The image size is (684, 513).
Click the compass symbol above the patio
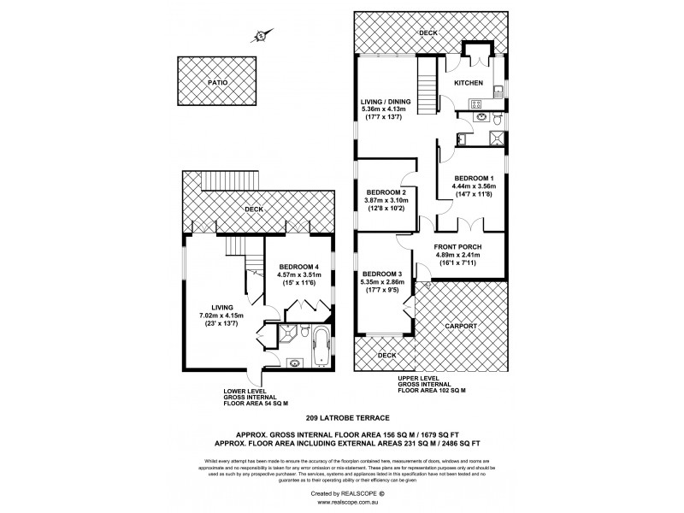[259, 36]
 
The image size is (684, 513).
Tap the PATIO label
[218, 82]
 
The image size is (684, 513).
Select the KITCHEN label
[469, 83]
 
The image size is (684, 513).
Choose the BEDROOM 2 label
[385, 192]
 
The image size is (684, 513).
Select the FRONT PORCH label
[457, 247]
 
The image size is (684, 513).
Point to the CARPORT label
[460, 327]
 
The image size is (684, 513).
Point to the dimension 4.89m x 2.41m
[457, 256]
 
